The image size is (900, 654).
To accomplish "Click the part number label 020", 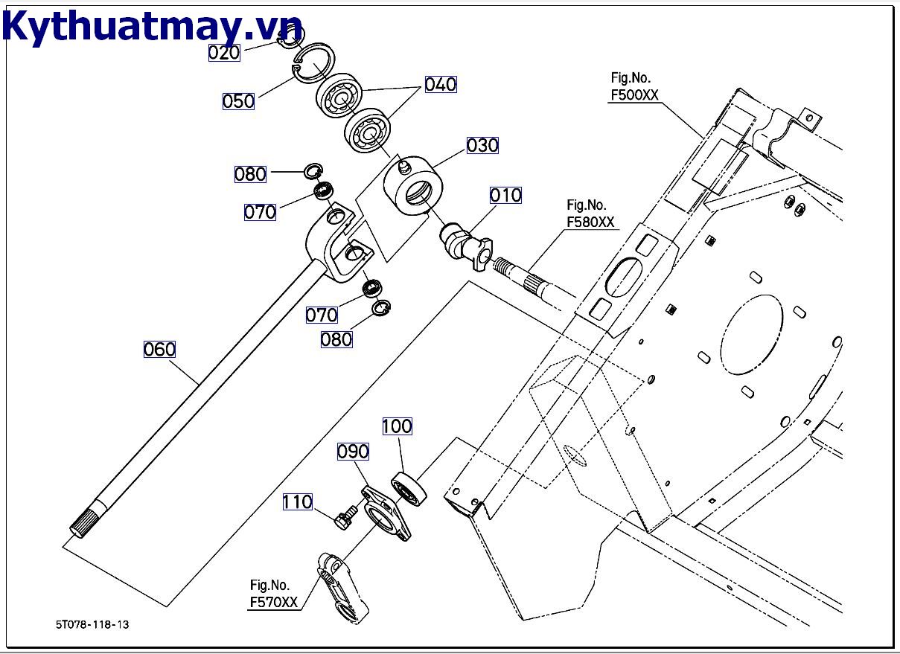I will [x=223, y=52].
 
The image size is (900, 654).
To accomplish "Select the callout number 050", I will [x=238, y=100].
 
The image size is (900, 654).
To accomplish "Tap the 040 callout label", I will [x=440, y=84].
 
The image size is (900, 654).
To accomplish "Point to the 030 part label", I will [x=482, y=145].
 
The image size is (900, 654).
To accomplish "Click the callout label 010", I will [x=505, y=196].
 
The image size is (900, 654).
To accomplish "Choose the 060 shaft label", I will [x=159, y=349].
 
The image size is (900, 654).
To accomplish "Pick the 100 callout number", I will [x=397, y=426].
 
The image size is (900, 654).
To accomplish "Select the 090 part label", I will [x=353, y=452].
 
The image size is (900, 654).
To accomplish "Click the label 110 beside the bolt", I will [x=297, y=502].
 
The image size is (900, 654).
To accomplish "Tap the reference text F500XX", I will [x=634, y=94].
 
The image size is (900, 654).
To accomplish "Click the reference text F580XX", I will [x=590, y=222].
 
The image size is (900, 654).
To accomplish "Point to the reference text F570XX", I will [x=273, y=603].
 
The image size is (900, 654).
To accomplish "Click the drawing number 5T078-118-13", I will [x=92, y=624].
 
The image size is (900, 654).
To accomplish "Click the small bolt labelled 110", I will [x=345, y=516].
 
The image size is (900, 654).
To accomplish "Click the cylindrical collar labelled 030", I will [x=413, y=188].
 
